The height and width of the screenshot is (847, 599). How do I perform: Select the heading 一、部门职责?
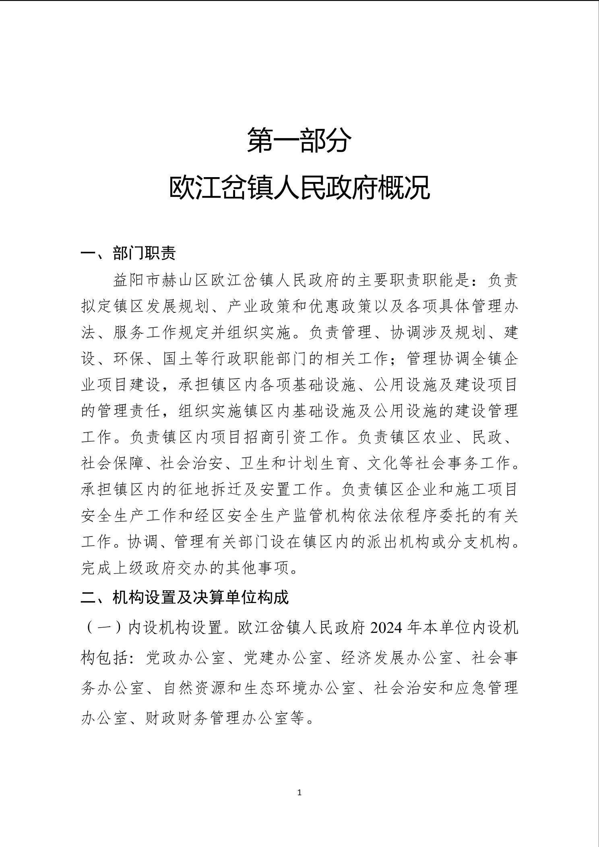(128, 254)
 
